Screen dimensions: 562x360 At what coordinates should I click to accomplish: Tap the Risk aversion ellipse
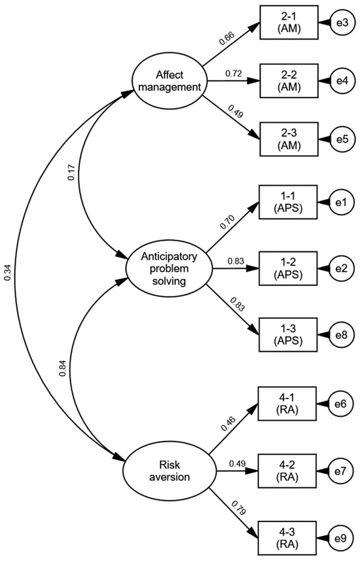169,469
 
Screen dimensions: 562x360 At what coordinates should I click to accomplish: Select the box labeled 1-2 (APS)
289,268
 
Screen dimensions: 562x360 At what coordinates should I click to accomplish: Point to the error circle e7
340,470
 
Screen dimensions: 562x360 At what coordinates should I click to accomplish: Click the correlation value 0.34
7,273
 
